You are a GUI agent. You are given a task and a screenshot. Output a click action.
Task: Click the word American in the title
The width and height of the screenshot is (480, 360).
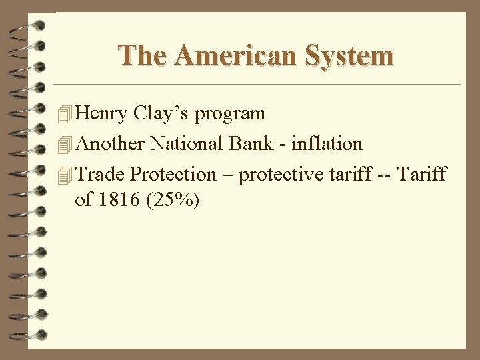231,55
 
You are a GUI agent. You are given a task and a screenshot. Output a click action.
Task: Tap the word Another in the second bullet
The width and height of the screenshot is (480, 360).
110,143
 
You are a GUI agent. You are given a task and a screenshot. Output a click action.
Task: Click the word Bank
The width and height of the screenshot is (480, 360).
252,143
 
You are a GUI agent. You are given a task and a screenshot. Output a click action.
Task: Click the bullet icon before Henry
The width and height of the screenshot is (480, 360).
64,115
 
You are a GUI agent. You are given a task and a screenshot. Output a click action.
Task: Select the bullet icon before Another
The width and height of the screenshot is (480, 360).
64,145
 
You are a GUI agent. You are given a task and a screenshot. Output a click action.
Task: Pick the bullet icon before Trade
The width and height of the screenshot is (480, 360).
64,175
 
